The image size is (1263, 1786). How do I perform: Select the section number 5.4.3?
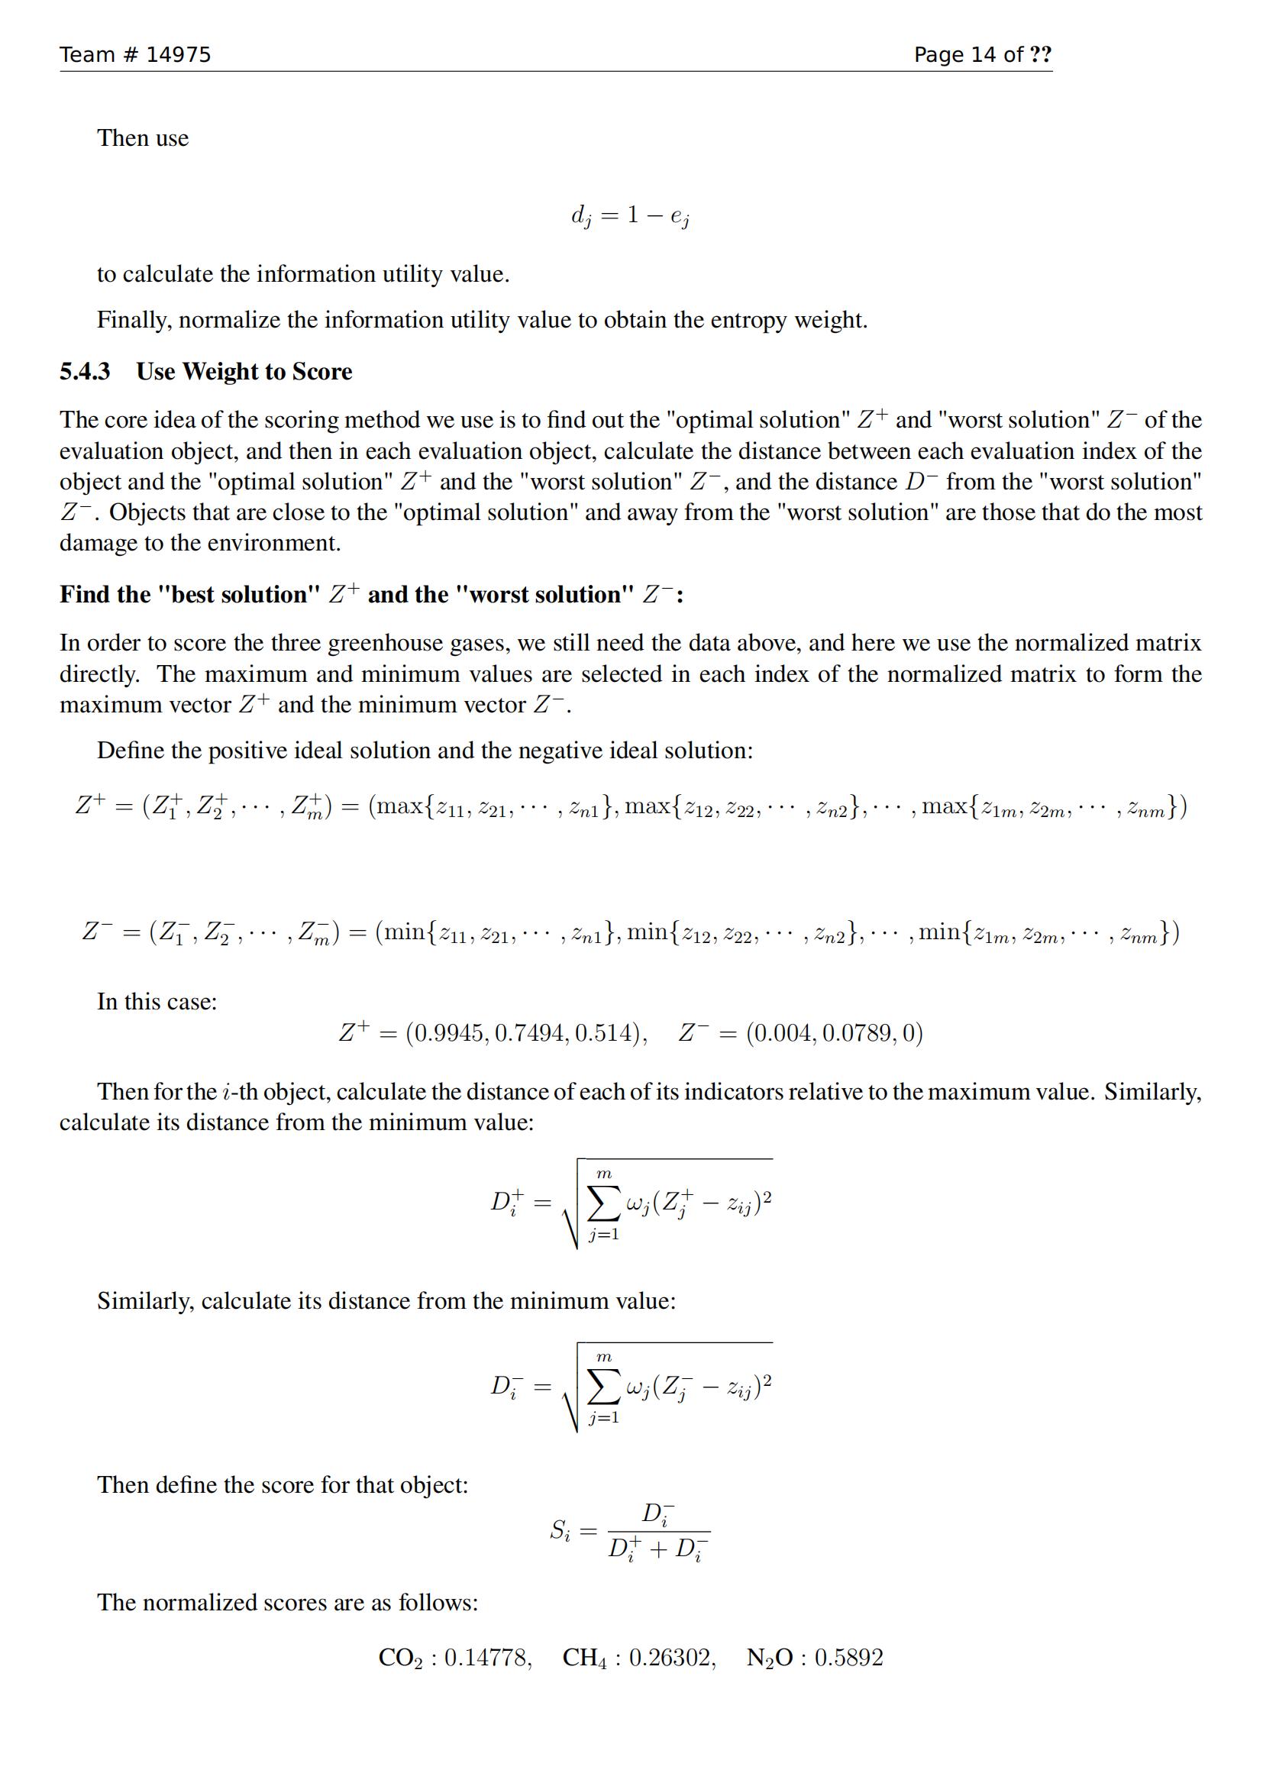[x=85, y=372]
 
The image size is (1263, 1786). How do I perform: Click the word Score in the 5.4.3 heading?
[x=322, y=372]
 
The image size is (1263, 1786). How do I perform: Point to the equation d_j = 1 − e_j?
[x=630, y=216]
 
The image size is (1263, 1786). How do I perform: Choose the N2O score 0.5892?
[x=848, y=1658]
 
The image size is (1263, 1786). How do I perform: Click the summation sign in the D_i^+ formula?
[x=603, y=1203]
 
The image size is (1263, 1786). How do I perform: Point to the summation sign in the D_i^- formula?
[x=603, y=1387]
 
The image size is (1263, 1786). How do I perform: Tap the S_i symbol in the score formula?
[x=560, y=1530]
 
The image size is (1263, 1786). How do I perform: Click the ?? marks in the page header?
[x=1040, y=54]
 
